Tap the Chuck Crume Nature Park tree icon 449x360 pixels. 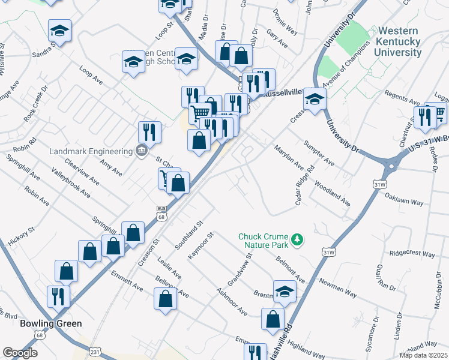[297, 240]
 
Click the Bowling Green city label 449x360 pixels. [50, 323]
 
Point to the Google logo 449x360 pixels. [20, 353]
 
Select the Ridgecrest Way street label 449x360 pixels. [412, 254]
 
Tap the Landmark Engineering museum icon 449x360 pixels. [142, 151]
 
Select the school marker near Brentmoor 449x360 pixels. [285, 292]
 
